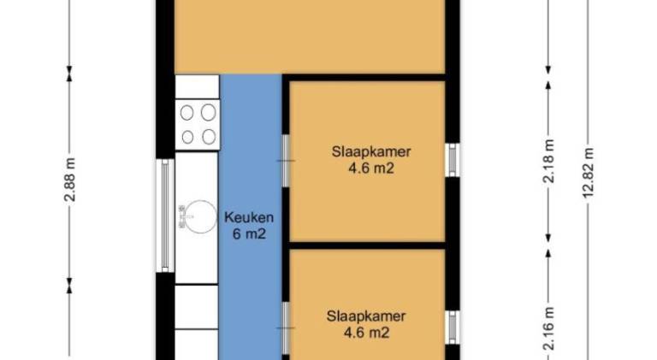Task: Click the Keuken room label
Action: click(249, 218)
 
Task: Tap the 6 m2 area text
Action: click(249, 234)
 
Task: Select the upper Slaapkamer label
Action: click(371, 151)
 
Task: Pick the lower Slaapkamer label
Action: click(366, 316)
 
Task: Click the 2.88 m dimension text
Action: click(70, 180)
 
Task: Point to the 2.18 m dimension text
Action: click(548, 161)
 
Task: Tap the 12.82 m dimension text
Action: click(588, 173)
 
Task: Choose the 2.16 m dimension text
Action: click(548, 328)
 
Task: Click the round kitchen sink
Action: click(201, 216)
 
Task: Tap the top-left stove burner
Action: click(186, 113)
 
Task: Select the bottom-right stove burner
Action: click(209, 137)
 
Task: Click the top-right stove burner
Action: click(208, 113)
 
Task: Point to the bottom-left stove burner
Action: click(187, 137)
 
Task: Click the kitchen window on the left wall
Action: click(165, 215)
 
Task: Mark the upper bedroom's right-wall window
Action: click(453, 160)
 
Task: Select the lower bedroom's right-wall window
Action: click(453, 328)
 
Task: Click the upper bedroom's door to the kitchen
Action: click(286, 161)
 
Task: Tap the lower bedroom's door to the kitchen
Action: click(286, 328)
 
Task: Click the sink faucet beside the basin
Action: click(183, 217)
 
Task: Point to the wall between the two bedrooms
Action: click(367, 245)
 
